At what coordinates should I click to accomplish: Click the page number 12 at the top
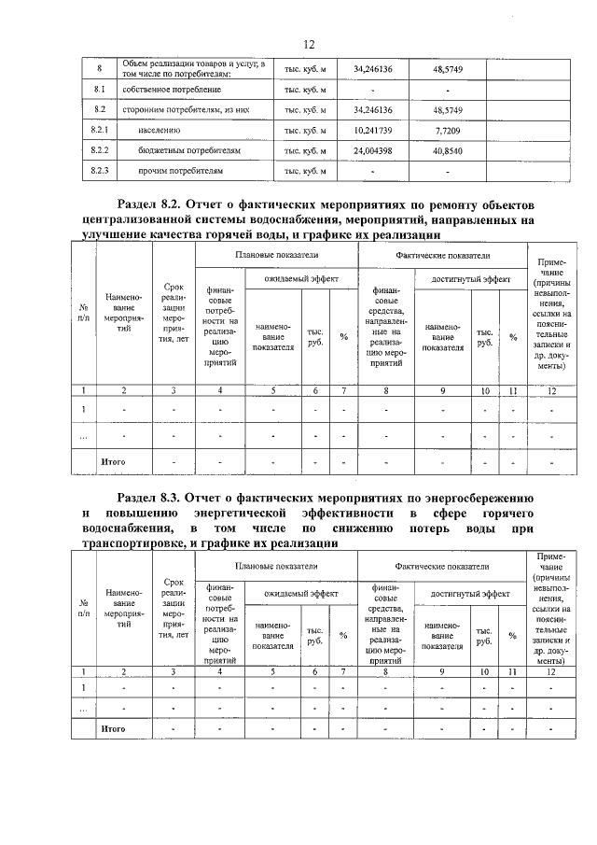tap(310, 44)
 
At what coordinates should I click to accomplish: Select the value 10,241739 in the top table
tap(372, 130)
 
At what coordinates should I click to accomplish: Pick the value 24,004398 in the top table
tap(372, 150)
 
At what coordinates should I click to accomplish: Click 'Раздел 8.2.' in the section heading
tap(150, 204)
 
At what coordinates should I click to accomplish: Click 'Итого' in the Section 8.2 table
tap(113, 461)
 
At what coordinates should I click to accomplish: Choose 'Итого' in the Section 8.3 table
tap(113, 727)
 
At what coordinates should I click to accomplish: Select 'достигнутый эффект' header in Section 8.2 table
tap(469, 279)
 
